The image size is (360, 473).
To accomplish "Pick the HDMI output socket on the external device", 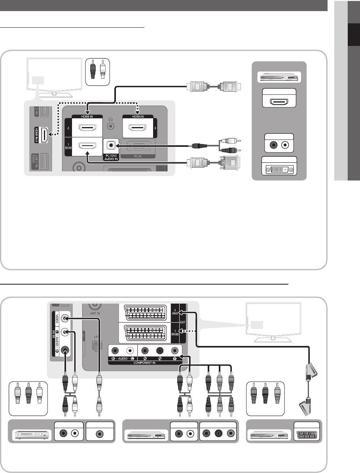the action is (280, 102).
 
